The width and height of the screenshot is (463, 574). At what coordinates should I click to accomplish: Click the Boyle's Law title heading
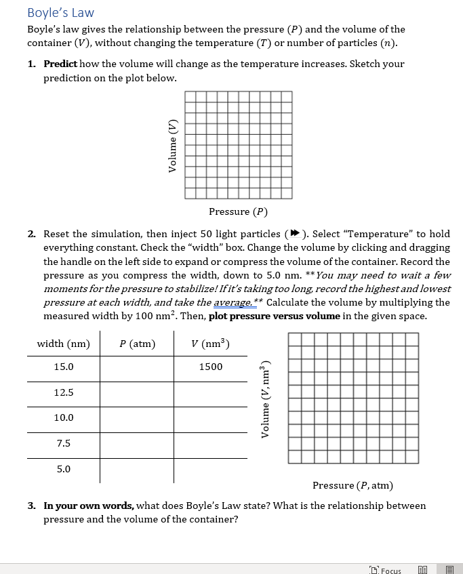pos(60,13)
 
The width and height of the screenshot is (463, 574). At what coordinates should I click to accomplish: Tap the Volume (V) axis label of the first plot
pos(172,146)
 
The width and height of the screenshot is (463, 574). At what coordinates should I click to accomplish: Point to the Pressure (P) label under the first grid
pos(238,211)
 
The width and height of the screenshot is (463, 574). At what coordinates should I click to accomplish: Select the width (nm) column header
pos(63,344)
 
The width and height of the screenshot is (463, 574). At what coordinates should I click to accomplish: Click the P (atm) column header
pos(137,344)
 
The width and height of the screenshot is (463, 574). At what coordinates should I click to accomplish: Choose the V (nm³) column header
pos(210,344)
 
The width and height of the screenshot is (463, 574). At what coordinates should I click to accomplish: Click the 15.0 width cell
pos(64,367)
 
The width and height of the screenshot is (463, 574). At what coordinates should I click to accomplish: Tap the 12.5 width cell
pos(64,392)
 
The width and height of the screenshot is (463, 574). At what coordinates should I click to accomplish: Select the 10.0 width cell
pos(64,417)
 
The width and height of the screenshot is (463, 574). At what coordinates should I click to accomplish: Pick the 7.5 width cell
pos(64,443)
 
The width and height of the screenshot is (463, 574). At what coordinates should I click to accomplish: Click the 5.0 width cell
pos(64,468)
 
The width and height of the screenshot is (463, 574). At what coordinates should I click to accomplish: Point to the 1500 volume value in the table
pos(210,367)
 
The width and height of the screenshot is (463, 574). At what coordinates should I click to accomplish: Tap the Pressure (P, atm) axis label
pos(353,485)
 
